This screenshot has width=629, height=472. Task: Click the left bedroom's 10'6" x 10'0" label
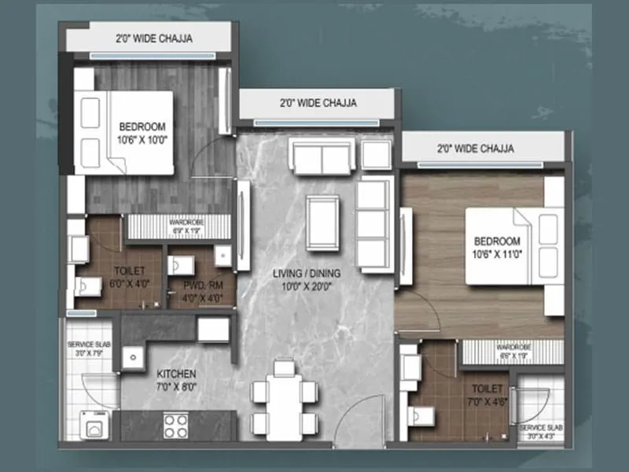click(x=142, y=134)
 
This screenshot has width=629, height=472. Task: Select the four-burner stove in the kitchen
click(x=175, y=426)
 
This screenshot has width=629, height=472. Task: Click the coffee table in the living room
click(x=322, y=221)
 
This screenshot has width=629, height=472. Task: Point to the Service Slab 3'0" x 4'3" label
click(x=540, y=431)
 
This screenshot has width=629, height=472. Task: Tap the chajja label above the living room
click(x=317, y=103)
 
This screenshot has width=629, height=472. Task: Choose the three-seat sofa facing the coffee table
click(x=373, y=223)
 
